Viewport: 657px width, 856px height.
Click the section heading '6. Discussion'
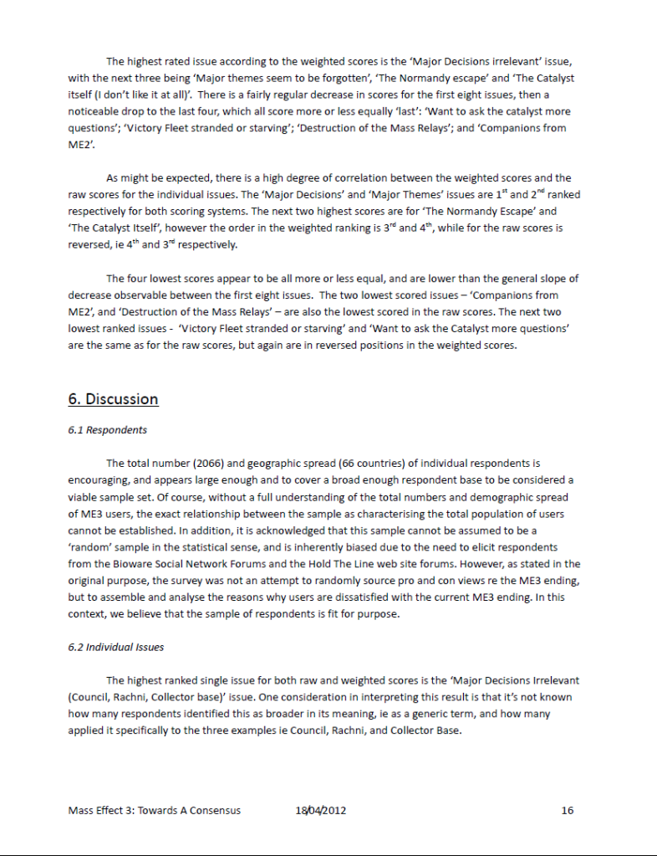[x=113, y=399]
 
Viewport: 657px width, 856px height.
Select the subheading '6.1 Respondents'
[x=107, y=430]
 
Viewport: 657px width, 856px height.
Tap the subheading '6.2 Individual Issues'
[x=117, y=648]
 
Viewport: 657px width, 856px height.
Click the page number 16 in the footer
[x=568, y=810]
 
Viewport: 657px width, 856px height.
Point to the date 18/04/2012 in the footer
[x=321, y=810]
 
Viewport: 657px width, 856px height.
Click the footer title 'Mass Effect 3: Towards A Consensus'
[x=154, y=810]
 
